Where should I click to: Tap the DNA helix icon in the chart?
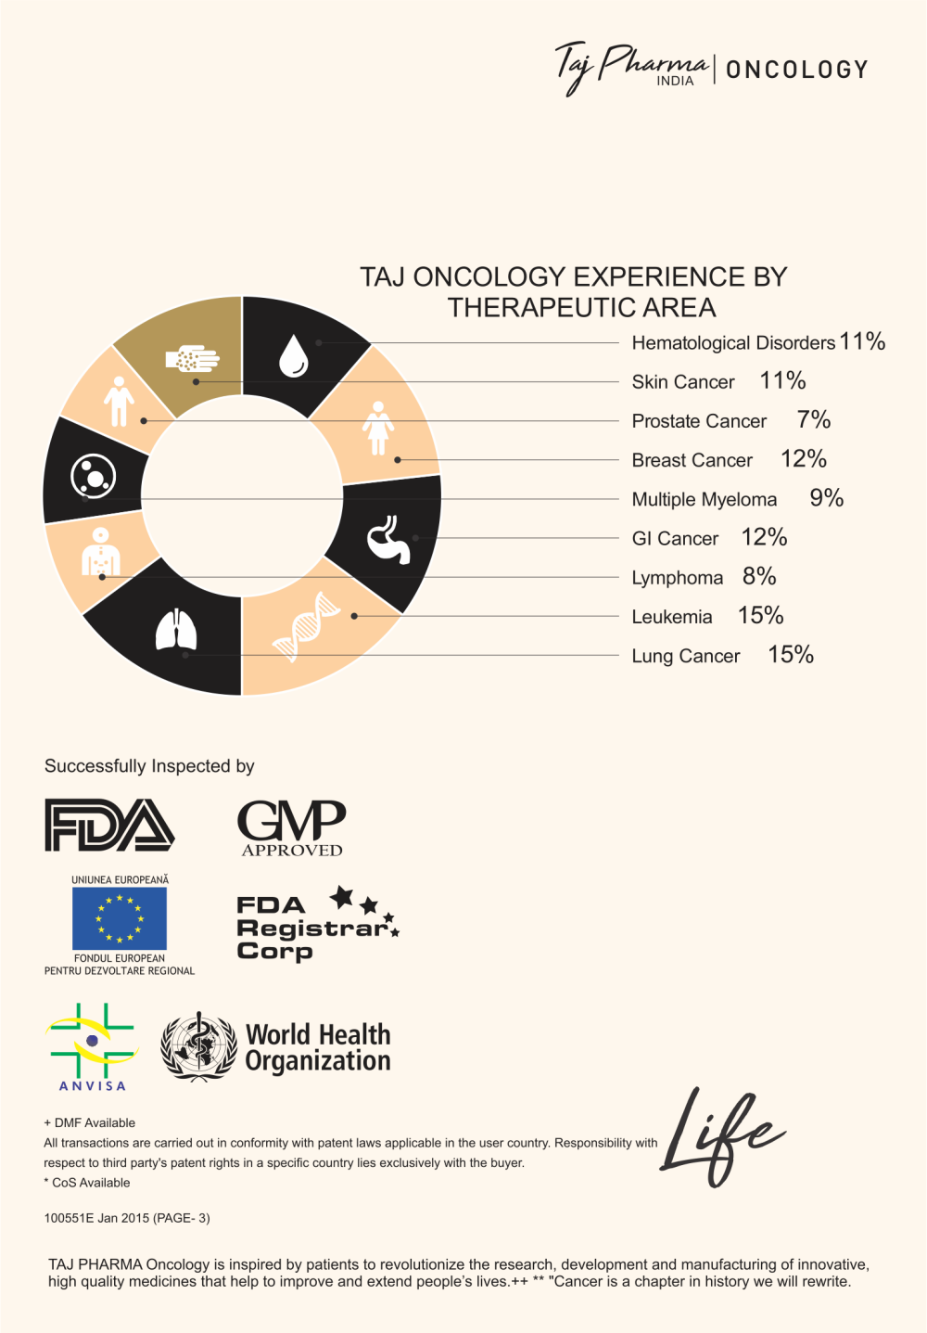307,627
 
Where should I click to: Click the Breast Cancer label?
692,460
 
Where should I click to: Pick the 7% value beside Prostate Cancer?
813,420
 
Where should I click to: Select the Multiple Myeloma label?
704,499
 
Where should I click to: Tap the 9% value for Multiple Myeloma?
826,498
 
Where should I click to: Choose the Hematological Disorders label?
733,343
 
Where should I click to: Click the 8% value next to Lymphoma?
759,576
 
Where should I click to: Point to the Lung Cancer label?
685,656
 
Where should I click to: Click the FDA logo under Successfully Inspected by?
109,825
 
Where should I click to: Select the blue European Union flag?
120,918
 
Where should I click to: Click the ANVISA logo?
92,1046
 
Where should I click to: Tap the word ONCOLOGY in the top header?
796,70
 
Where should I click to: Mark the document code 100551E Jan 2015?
127,1218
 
